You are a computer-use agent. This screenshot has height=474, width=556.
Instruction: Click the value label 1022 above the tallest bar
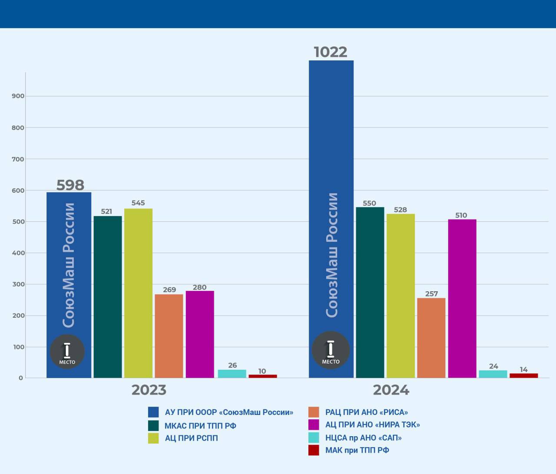pos(331,52)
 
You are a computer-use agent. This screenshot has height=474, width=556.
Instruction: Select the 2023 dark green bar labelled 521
pos(108,297)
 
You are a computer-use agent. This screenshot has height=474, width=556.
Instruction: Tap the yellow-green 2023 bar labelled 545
pos(138,293)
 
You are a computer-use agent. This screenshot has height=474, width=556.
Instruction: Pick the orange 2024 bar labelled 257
pos(431,338)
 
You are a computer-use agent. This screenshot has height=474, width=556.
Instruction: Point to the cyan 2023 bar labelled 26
pos(232,374)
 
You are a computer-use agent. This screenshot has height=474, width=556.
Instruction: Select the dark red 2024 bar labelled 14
pos(523,375)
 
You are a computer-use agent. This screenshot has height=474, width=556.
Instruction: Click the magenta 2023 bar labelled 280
pos(200,334)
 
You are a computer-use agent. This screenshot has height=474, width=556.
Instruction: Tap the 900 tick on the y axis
pos(18,96)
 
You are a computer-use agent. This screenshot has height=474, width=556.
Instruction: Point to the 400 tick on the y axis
pos(18,253)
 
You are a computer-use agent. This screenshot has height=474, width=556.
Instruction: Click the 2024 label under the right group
pos(391,390)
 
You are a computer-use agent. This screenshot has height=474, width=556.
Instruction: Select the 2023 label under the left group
pos(149,390)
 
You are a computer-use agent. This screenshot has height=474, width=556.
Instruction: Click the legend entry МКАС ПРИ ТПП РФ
pos(200,426)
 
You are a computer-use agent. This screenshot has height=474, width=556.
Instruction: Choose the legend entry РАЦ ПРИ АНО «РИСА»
pos(366,412)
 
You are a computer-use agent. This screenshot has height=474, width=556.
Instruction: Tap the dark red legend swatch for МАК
pos(314,450)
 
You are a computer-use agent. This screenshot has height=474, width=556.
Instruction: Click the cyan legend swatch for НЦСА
pos(314,438)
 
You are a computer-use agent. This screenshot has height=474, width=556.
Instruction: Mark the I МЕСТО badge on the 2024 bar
pos(331,350)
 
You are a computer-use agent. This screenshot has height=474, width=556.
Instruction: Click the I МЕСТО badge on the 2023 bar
pos(67,352)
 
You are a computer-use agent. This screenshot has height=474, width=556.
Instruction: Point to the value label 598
pos(70,185)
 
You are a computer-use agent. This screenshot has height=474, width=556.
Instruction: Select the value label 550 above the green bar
pos(369,203)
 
